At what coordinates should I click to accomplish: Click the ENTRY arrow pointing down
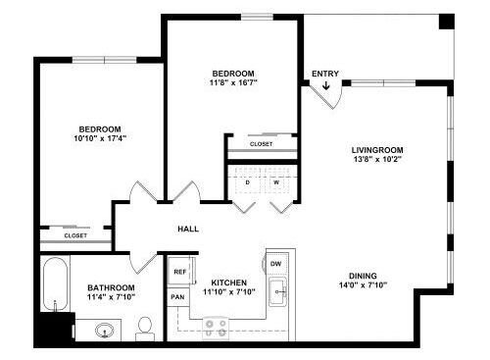325,85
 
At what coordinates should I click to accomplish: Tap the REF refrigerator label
180,272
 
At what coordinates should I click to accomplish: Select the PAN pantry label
177,297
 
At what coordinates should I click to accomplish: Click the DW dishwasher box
276,264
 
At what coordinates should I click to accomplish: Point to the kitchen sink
277,291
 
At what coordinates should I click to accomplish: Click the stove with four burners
216,329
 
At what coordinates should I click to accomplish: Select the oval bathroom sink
105,331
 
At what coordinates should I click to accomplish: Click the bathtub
55,284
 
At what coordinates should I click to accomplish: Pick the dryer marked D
247,180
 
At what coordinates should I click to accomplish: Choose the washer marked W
276,180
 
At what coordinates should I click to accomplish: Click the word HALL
188,229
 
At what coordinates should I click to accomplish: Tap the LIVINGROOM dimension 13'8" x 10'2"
377,160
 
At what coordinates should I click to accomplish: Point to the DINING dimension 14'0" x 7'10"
363,285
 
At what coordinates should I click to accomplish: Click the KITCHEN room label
229,283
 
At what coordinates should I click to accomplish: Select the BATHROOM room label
111,287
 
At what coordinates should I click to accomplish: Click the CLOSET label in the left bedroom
75,235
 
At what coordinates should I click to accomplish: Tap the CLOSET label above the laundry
261,144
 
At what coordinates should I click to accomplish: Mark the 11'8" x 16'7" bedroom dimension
233,82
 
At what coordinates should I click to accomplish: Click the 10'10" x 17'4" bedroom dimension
100,138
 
